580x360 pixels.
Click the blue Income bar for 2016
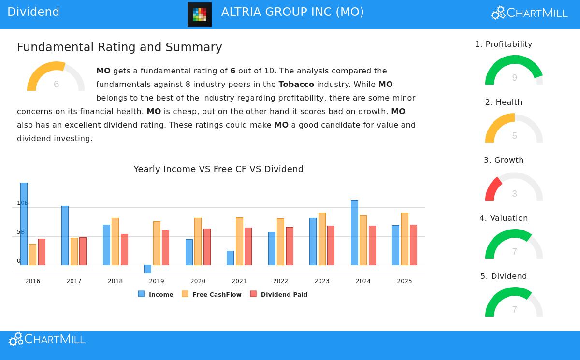tap(24, 224)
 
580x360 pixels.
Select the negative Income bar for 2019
tap(147, 269)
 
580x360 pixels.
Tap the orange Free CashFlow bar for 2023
tap(322, 239)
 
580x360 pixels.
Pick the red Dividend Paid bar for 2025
tap(413, 245)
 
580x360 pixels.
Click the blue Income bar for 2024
tap(354, 232)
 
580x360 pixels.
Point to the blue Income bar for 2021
tap(230, 258)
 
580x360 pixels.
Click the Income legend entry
tap(156, 294)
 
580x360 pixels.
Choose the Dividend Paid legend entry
tap(279, 294)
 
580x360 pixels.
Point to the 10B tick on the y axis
tap(23, 203)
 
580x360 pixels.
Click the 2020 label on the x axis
tap(198, 281)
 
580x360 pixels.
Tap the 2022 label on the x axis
tap(280, 281)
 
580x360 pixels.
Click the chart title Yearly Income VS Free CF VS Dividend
tap(218, 169)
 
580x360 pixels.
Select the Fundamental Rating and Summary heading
tap(119, 47)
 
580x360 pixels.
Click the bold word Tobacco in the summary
tap(296, 84)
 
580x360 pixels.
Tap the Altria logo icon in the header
tap(200, 14)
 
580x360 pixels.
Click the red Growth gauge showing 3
tap(493, 188)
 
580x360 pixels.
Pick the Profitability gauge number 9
tap(514, 78)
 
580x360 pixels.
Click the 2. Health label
tap(504, 102)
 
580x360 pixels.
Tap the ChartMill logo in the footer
tap(47, 339)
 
